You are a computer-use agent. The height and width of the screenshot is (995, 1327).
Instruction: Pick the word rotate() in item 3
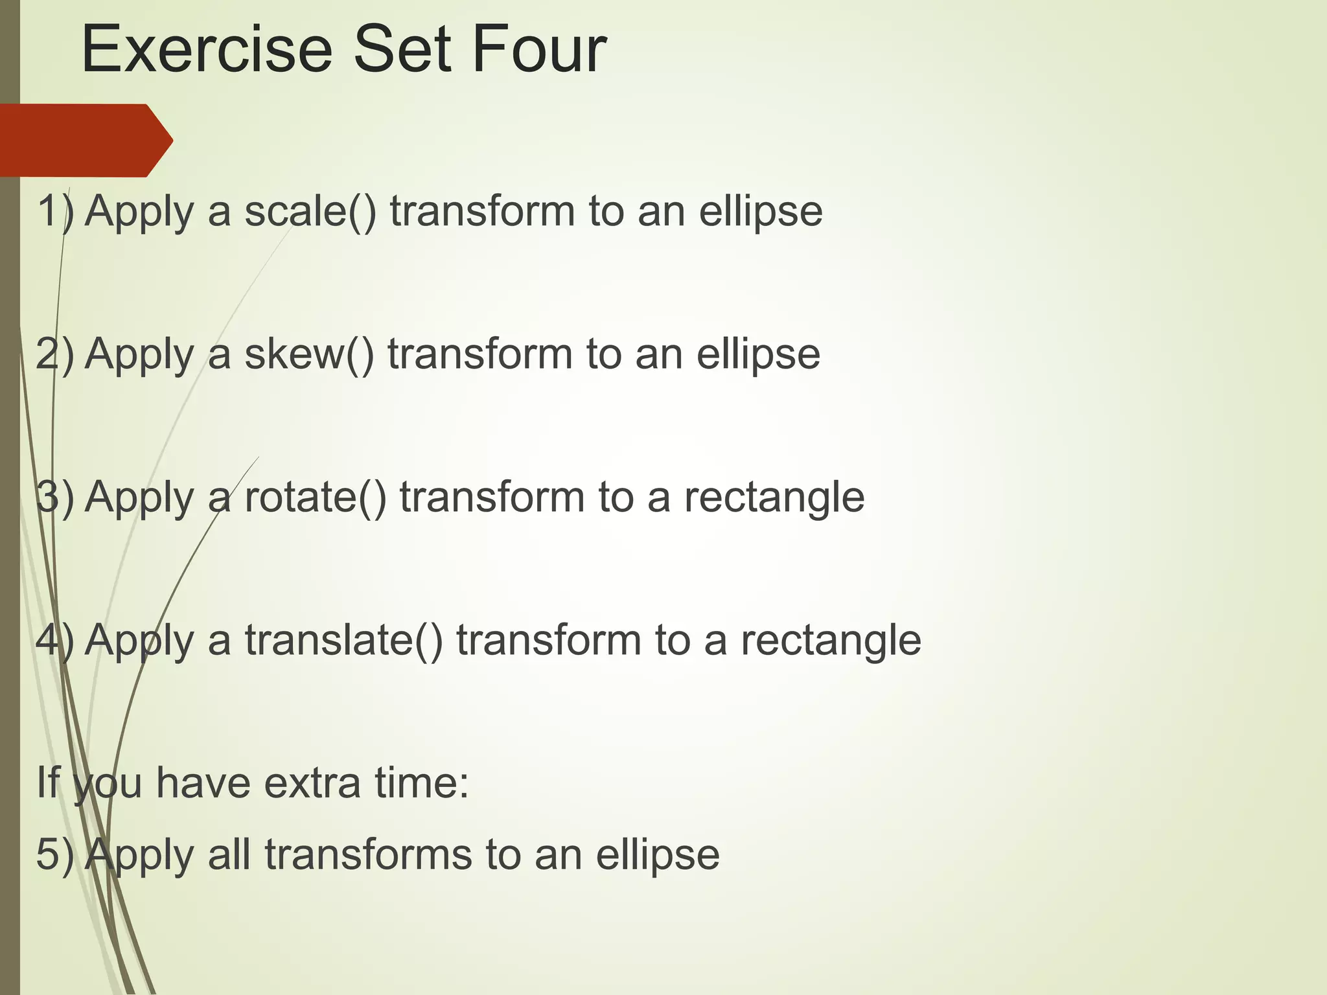coord(315,497)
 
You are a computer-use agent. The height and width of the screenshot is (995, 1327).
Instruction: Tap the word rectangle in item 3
coord(774,497)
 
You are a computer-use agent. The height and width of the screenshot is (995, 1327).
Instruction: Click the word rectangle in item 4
coord(831,641)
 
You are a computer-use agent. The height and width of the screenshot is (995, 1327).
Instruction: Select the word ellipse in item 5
coord(658,854)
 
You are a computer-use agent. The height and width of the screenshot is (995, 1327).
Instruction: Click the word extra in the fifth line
coord(313,783)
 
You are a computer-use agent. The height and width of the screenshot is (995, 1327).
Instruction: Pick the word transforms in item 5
coord(369,854)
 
